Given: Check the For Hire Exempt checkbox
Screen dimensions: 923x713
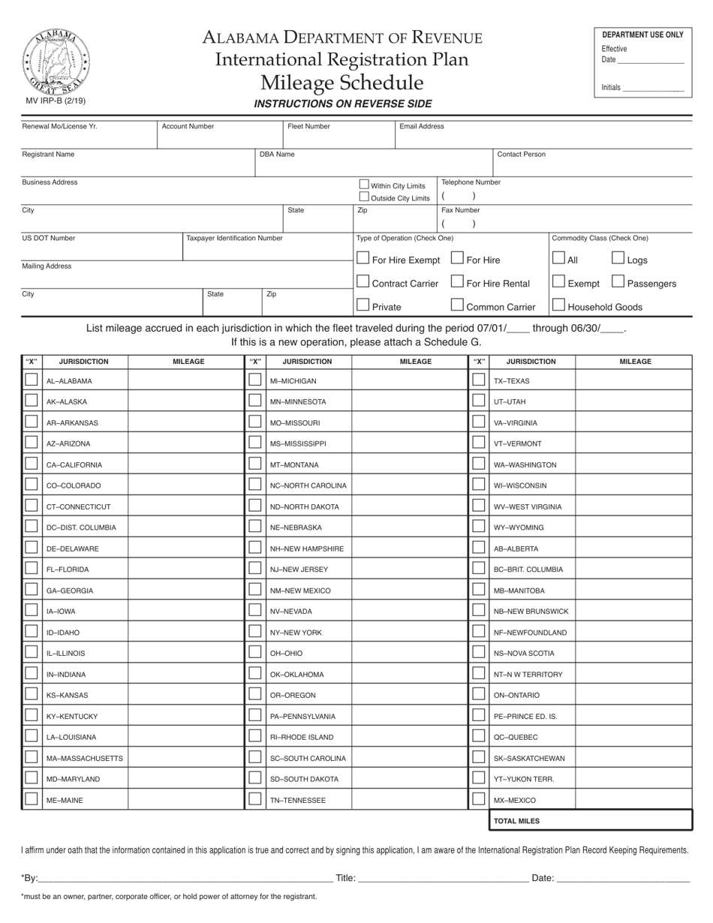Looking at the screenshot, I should (363, 259).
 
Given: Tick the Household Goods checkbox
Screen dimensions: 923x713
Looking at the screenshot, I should (558, 305).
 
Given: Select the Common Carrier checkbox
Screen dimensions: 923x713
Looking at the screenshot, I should (457, 305).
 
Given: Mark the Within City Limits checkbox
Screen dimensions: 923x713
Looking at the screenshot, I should (364, 185).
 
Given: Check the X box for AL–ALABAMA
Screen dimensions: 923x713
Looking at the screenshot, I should (32, 380).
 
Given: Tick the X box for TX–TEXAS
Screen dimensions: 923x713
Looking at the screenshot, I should (479, 380).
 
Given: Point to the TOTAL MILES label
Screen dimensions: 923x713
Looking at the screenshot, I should (516, 821).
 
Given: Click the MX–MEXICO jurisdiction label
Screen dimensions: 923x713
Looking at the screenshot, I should (515, 801).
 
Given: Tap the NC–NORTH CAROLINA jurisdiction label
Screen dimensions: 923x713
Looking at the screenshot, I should (308, 486).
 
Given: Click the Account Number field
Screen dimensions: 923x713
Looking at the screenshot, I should (220, 137).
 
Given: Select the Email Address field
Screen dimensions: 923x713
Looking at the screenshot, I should (543, 137).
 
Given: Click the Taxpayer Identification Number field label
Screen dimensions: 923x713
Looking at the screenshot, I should (234, 238).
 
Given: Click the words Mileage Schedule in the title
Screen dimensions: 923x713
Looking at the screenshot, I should (341, 83).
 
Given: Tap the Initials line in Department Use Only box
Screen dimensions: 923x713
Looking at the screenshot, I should (653, 88).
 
